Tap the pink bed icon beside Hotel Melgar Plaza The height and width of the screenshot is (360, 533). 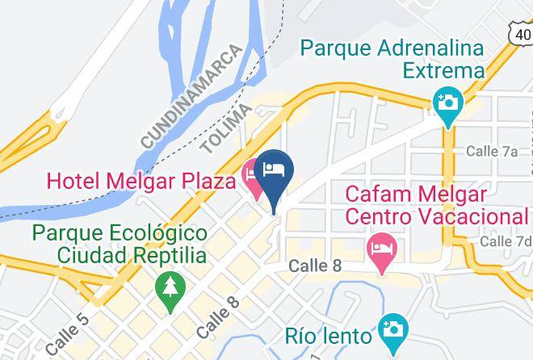pyautogui.click(x=250, y=182)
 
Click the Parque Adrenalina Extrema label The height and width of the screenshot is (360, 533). pyautogui.click(x=392, y=59)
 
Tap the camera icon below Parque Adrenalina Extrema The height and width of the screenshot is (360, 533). pyautogui.click(x=446, y=103)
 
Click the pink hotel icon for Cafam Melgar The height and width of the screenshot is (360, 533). pyautogui.click(x=379, y=249)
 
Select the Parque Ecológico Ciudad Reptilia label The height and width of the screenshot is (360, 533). pyautogui.click(x=119, y=244)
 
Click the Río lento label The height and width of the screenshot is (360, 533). pyautogui.click(x=329, y=334)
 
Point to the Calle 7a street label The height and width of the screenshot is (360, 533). pyautogui.click(x=492, y=151)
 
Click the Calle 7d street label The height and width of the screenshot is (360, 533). pyautogui.click(x=506, y=241)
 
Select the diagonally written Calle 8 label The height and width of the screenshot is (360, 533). pyautogui.click(x=217, y=317)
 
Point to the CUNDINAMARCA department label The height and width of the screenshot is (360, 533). pyautogui.click(x=192, y=98)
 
